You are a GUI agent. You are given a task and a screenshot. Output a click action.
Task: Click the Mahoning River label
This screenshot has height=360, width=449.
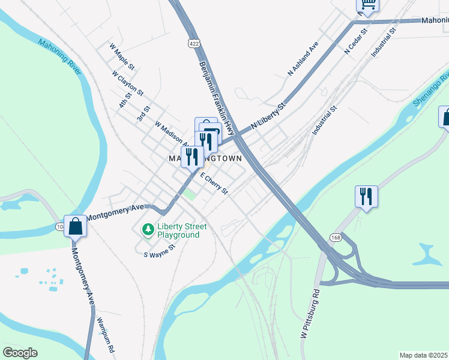(59, 57)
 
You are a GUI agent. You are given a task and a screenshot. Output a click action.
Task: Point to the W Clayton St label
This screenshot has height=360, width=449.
(127, 83)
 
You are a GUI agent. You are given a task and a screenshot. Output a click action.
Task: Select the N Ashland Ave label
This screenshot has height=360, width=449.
(303, 58)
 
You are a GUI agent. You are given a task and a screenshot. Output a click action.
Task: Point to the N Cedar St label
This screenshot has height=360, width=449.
(356, 41)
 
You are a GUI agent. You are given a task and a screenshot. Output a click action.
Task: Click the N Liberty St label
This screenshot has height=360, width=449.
(269, 117)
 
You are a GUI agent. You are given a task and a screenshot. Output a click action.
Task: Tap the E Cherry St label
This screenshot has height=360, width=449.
(214, 184)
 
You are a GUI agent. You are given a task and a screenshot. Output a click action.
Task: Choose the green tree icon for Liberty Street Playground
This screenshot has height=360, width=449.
(147, 230)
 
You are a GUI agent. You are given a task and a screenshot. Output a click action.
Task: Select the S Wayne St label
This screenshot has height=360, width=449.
(159, 251)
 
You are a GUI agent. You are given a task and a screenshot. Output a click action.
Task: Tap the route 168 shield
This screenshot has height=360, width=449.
(335, 238)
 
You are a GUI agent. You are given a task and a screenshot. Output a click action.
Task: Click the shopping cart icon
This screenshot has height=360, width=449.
(367, 5)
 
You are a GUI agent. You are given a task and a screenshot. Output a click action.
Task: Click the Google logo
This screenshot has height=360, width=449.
(20, 353)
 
